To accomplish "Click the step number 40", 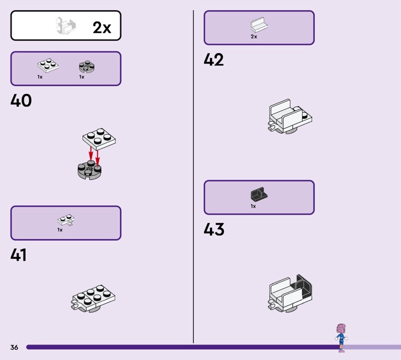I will coord(21,101).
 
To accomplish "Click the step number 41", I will coord(19,255).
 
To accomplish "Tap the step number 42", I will coord(214,60).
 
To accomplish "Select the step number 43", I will coord(214,230).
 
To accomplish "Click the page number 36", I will coord(14,347).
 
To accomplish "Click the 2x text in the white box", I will coord(102,28).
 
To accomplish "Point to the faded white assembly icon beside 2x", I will coord(65,25).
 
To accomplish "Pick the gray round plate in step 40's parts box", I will coord(87,67).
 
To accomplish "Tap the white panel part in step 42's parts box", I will coord(259,25).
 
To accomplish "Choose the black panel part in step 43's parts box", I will coord(259,194).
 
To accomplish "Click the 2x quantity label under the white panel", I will coord(254,37).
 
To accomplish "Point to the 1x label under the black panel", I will coord(253,206).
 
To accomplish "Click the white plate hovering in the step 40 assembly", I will coord(99,138).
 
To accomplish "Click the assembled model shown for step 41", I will coord(95,299).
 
